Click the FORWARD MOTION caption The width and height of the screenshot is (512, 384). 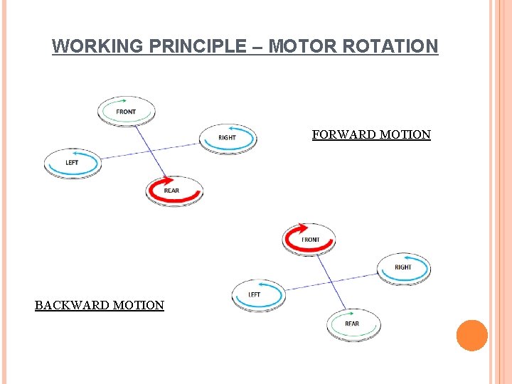[371, 134]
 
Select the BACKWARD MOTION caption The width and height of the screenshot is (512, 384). [100, 305]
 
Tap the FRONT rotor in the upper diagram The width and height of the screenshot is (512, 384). [126, 111]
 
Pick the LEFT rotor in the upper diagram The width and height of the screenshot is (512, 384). [73, 163]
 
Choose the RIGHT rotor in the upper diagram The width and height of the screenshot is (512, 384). [227, 137]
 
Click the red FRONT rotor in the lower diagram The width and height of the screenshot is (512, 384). [309, 239]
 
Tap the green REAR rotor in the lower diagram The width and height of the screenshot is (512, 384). [353, 324]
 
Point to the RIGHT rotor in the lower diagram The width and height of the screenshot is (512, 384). [403, 267]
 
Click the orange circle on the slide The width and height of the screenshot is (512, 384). [471, 336]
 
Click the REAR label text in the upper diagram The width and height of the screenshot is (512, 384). [171, 191]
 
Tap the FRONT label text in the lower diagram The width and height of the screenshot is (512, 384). [311, 240]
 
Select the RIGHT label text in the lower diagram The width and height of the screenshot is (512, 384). [403, 267]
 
